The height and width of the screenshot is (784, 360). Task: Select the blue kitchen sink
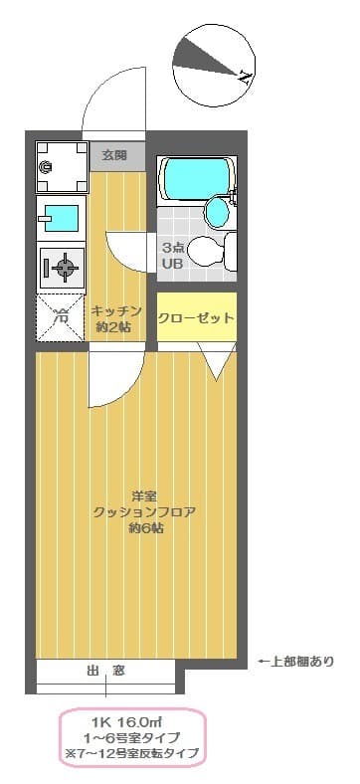tap(61, 216)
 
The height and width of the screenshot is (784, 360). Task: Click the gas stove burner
tap(62, 266)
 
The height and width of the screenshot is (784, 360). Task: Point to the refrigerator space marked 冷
tap(61, 317)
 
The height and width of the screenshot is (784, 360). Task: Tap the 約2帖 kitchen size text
tap(115, 326)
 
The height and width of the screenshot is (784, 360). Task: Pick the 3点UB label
tap(173, 255)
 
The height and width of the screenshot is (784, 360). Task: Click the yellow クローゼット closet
tap(197, 318)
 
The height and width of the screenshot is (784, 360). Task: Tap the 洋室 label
tap(144, 494)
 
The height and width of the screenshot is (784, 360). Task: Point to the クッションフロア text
tap(144, 511)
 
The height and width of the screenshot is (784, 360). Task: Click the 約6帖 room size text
tap(145, 528)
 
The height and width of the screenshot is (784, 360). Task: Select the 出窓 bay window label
tap(105, 670)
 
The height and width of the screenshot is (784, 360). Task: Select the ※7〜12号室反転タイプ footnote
tap(133, 753)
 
